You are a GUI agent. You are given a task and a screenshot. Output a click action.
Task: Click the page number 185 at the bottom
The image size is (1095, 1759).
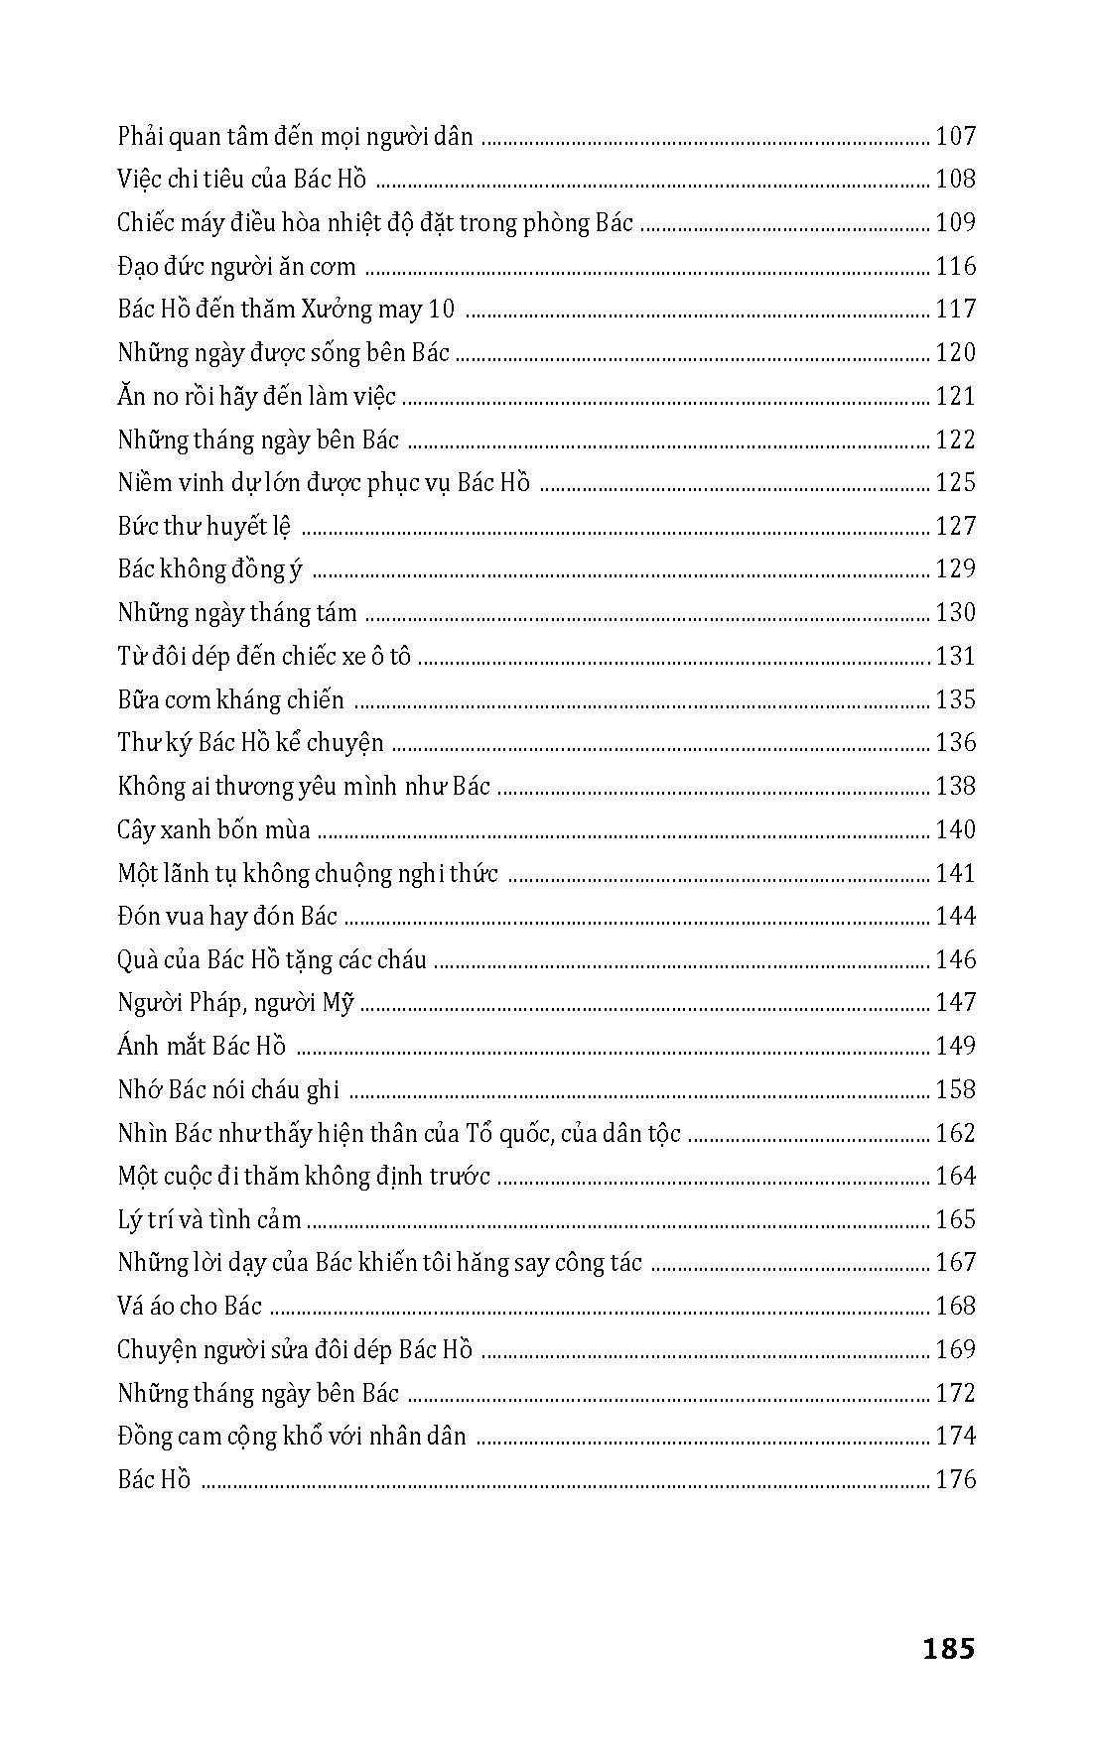(948, 1648)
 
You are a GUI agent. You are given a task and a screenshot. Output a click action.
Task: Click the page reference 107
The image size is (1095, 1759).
(955, 136)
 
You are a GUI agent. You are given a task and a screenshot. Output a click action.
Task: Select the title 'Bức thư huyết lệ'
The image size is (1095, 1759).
(204, 526)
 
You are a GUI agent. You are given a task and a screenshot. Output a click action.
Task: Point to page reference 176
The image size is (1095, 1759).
(955, 1479)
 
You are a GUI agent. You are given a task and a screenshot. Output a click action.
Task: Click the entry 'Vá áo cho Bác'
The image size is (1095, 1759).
(189, 1306)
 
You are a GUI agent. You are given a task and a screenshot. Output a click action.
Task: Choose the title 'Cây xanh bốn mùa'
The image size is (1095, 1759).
(213, 829)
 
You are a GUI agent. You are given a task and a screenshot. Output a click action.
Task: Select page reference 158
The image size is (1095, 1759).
(955, 1089)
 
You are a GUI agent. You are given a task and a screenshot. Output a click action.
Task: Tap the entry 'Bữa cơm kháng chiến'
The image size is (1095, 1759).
(230, 699)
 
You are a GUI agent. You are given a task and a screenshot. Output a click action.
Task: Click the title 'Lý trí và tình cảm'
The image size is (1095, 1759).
(208, 1219)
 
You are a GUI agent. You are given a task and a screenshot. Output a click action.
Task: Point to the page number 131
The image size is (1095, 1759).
(955, 656)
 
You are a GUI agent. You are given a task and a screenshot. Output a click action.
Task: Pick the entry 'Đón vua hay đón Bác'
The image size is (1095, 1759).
(227, 916)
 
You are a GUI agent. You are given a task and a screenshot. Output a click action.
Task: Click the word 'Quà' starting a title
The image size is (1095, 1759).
(137, 959)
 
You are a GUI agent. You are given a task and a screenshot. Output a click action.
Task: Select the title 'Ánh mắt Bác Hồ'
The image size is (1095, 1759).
(202, 1046)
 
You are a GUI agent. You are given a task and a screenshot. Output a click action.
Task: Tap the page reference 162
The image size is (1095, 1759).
(955, 1133)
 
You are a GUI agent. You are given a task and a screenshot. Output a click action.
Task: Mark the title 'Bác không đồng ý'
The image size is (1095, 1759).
(209, 569)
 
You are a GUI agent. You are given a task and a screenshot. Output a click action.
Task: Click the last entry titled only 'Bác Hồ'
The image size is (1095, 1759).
(153, 1479)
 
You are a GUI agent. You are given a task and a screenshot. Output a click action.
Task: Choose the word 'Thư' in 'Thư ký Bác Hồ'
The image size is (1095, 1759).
(133, 743)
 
